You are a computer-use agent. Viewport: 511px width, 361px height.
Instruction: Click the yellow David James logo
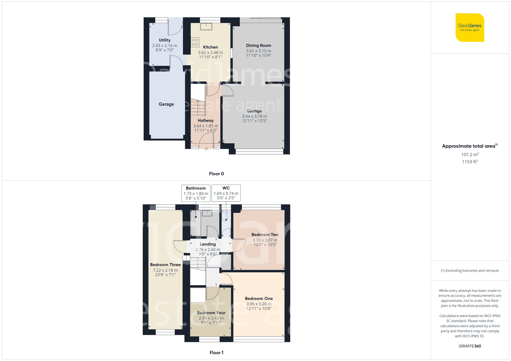coord(470,28)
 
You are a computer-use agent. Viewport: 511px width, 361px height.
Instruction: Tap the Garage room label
coord(166,104)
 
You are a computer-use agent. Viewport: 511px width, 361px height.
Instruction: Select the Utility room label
coord(165,40)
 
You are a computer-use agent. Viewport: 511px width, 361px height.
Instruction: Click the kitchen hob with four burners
coord(195,42)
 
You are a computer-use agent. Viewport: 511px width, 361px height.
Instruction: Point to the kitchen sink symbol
coord(206,27)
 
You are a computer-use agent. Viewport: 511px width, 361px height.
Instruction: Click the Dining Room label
coord(259,45)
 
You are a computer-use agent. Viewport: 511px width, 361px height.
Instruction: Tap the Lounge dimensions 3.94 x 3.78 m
coord(254,116)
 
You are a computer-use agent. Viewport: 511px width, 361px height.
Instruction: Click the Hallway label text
coord(205,120)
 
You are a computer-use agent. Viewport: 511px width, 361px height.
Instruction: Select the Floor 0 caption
coord(216,174)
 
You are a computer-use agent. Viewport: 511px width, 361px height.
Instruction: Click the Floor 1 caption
coord(216,353)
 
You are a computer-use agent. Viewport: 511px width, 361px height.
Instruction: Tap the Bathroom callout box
coord(196,193)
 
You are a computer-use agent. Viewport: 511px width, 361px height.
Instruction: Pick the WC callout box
coord(226,193)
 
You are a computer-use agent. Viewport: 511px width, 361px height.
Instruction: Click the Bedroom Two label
coord(265,234)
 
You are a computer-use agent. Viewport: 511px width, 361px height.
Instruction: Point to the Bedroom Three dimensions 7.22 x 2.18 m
coord(165,270)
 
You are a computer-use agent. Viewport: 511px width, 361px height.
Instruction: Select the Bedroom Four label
coord(211,313)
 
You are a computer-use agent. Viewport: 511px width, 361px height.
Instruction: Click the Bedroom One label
coord(259,298)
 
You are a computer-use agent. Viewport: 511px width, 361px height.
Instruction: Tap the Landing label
coord(208,244)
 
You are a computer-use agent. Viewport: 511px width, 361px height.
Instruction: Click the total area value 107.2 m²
coord(470,154)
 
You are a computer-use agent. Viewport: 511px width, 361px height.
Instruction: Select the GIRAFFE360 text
coord(470,346)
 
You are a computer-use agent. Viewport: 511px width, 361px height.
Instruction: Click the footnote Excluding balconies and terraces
coord(470,270)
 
